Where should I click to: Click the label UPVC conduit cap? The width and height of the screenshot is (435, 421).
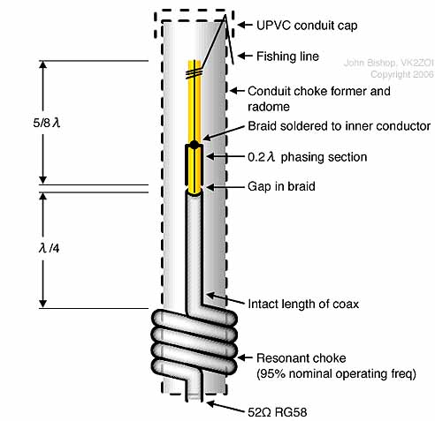(307, 26)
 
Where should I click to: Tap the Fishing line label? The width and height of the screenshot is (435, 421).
(287, 56)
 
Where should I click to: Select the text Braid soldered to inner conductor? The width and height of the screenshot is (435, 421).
(340, 126)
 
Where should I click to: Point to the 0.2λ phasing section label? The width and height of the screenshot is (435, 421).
(308, 157)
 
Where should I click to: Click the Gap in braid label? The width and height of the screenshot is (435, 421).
(281, 186)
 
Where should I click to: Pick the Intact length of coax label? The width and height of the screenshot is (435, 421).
(303, 304)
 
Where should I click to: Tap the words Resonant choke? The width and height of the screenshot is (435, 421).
(301, 358)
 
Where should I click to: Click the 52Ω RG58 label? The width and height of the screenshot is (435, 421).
(278, 412)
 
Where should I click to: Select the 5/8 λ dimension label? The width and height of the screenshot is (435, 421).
(47, 123)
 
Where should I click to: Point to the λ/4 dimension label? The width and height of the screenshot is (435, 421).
(49, 249)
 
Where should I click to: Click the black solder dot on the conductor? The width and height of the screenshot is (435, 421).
(195, 145)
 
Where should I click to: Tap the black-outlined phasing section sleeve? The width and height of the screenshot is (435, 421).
(194, 165)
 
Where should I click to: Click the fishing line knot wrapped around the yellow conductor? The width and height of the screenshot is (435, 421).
(194, 73)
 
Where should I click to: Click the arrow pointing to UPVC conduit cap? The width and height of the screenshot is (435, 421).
(245, 25)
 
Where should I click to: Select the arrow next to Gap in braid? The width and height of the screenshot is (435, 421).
(225, 186)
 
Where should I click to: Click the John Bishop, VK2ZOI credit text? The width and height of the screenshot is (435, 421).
(388, 63)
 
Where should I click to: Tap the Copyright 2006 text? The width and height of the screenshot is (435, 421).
(402, 74)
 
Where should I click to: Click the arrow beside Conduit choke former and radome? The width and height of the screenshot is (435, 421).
(237, 91)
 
